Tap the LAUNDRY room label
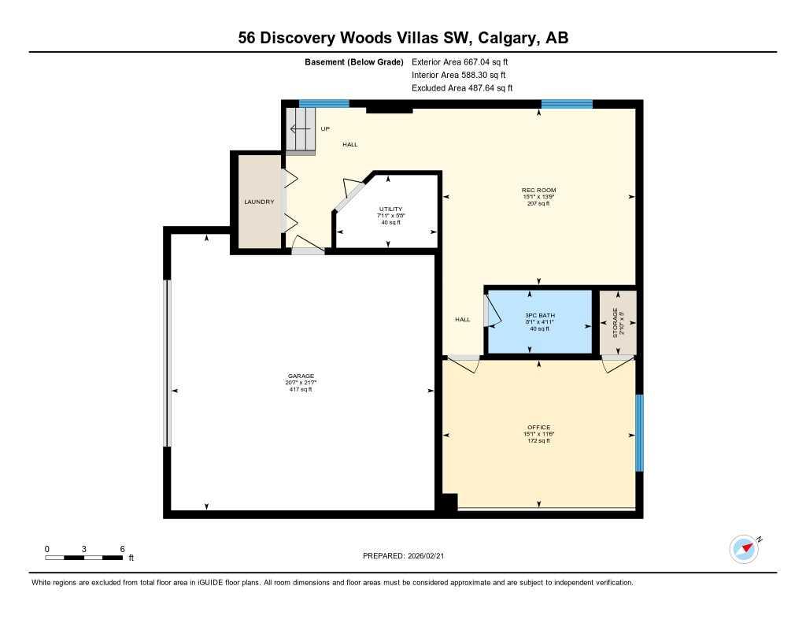pyautogui.click(x=259, y=202)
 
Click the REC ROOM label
pyautogui.click(x=538, y=190)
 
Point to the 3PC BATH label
pyautogui.click(x=538, y=314)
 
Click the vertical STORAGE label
pyautogui.click(x=616, y=323)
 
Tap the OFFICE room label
pyautogui.click(x=538, y=428)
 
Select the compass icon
pyautogui.click(x=744, y=548)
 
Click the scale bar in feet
pyautogui.click(x=84, y=558)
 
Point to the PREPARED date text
pyautogui.click(x=408, y=556)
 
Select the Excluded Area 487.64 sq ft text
pyautogui.click(x=462, y=88)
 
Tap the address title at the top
pyautogui.click(x=403, y=37)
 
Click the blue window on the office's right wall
pyautogui.click(x=639, y=432)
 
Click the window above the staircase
pyautogui.click(x=324, y=103)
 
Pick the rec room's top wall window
pyautogui.click(x=566, y=103)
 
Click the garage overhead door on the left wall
pyautogui.click(x=166, y=362)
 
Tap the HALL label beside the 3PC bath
pyautogui.click(x=462, y=319)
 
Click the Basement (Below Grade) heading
pyautogui.click(x=354, y=61)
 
